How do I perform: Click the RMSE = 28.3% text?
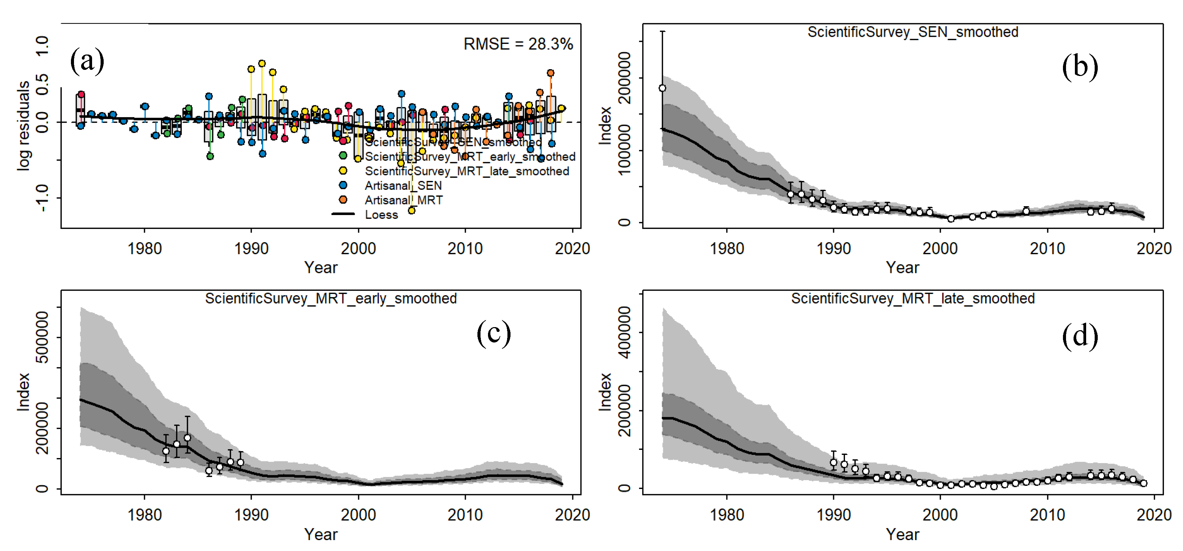518,44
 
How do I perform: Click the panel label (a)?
87,61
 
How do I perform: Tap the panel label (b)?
1080,67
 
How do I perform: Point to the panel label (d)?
1080,336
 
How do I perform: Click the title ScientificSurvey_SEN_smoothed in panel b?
913,32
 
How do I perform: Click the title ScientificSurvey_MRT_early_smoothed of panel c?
331,299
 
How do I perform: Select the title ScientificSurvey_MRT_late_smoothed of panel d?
913,299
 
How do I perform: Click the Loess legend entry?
381,215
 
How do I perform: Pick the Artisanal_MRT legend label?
403,200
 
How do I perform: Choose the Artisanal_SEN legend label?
403,185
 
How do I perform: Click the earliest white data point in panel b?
662,88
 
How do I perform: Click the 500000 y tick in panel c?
42,337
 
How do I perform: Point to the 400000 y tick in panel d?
624,333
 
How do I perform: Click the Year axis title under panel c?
321,535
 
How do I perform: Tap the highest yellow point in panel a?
262,63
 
